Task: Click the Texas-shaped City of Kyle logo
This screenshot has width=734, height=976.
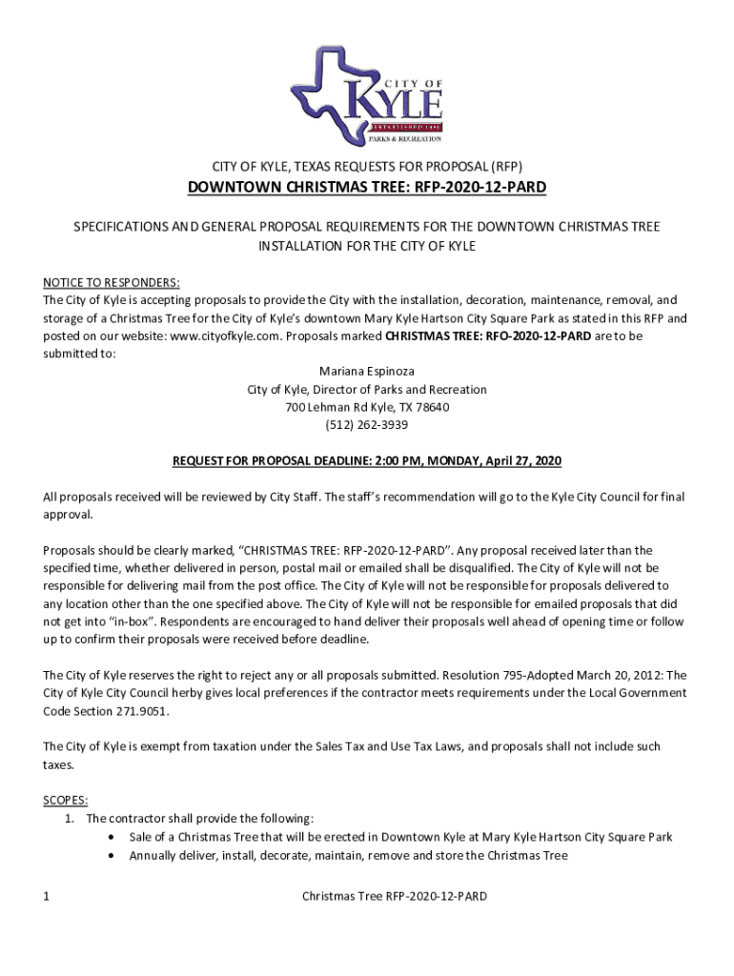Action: click(x=367, y=95)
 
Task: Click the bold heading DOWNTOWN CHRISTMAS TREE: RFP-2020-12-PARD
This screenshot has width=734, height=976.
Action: click(x=367, y=187)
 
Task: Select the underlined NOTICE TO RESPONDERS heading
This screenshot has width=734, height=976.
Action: click(x=112, y=282)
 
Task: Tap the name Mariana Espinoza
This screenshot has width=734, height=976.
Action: click(x=367, y=372)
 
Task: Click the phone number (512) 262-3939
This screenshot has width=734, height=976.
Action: click(x=367, y=425)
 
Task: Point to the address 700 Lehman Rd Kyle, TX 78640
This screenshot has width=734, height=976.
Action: click(x=367, y=407)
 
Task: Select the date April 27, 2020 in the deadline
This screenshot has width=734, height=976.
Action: click(x=522, y=461)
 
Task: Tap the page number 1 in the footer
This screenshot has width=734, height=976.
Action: click(x=47, y=897)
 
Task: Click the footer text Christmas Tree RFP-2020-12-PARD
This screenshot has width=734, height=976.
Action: click(x=394, y=897)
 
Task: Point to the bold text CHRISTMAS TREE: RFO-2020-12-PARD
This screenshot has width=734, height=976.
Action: click(x=487, y=335)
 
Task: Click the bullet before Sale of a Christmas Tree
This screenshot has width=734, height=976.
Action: click(x=114, y=837)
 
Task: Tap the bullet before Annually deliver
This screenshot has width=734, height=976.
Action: click(x=114, y=855)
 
